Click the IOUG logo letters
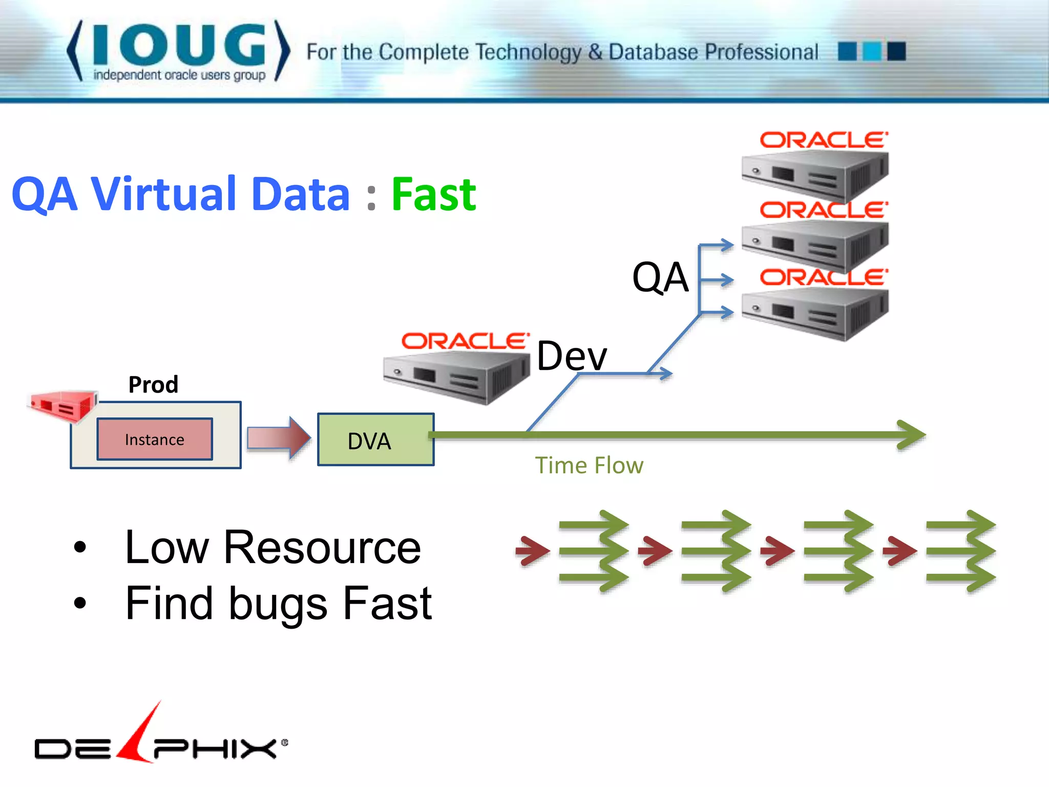coord(179,46)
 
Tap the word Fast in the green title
coord(434,195)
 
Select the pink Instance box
coord(155,439)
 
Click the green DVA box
coord(375,440)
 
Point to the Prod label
coord(153,384)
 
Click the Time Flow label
coord(589,466)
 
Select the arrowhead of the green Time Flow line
coord(912,435)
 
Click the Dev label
coord(572,356)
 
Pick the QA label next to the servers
coord(660,277)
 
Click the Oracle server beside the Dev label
coord(456,377)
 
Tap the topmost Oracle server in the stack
coord(814,174)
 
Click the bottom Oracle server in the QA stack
coord(814,313)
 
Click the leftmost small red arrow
coord(533,551)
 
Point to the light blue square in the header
coord(872,51)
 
